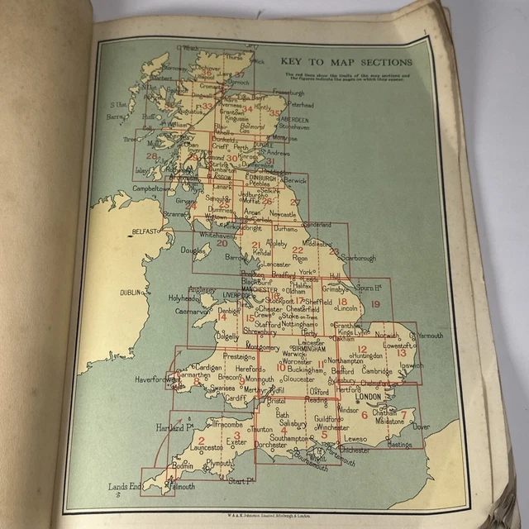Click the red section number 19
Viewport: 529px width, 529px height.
375,305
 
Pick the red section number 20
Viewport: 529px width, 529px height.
222,243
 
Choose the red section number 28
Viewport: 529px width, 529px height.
150,155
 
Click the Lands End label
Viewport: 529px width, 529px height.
124,487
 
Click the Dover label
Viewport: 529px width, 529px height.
421,427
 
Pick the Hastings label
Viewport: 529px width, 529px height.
398,445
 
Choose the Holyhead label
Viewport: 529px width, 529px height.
183,298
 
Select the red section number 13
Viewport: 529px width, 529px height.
402,354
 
